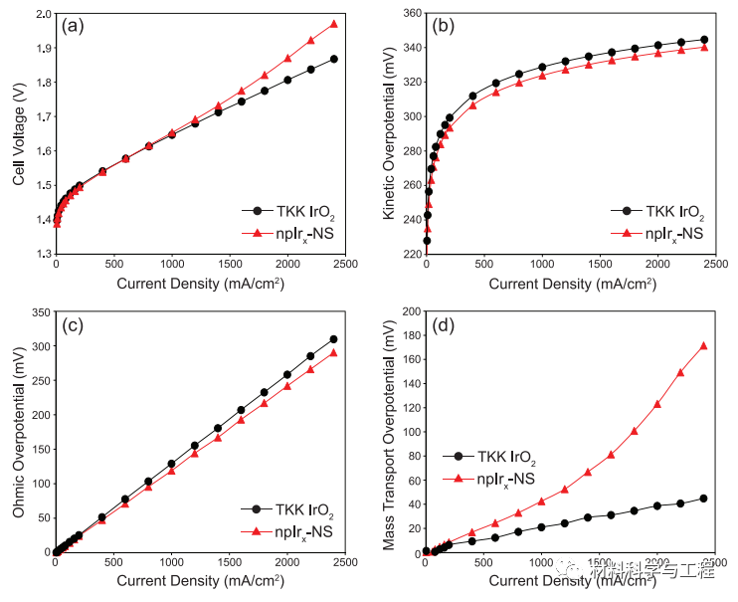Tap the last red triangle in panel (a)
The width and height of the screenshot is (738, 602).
334,24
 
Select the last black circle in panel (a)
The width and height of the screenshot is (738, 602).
334,59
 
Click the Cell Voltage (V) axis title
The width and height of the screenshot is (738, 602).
19,134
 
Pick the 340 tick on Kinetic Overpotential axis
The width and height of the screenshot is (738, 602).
409,48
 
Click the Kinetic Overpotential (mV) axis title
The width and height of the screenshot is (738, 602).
389,134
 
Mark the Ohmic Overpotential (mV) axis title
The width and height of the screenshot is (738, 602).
19,432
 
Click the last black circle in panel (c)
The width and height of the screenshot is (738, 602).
334,339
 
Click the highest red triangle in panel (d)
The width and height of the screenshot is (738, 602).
704,346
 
